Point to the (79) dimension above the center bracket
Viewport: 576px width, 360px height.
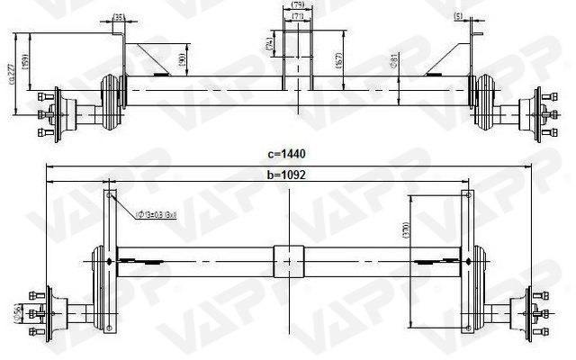pyautogui.click(x=298, y=5)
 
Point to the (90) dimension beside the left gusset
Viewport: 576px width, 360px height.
pyautogui.click(x=182, y=61)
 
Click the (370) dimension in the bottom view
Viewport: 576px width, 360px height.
pyautogui.click(x=407, y=229)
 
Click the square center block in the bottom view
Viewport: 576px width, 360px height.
pyautogui.click(x=288, y=261)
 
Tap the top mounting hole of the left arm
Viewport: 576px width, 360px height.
pyautogui.click(x=110, y=195)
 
